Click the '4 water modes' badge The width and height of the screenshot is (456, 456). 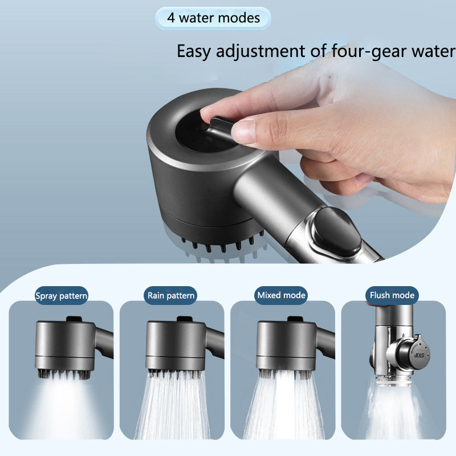[213, 18]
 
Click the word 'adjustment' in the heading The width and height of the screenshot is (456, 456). [262, 51]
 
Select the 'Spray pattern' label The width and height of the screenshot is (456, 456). [62, 296]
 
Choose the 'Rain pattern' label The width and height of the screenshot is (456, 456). [171, 295]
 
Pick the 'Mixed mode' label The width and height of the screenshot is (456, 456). [282, 295]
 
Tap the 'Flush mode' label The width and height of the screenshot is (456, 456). [392, 295]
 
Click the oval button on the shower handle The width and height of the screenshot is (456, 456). [336, 230]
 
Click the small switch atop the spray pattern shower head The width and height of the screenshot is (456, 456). [72, 319]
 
